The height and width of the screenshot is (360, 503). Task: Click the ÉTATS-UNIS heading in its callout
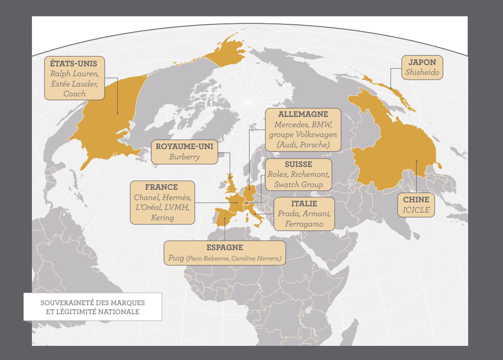73,63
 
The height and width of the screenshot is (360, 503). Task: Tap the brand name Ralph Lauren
74,74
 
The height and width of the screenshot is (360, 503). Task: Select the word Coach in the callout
74,94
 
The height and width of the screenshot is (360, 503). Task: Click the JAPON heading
422,62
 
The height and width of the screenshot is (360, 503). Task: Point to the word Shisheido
422,72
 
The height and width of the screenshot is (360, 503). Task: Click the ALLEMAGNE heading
303,114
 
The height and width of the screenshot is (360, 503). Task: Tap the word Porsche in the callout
315,145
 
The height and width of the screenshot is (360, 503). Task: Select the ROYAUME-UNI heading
184,147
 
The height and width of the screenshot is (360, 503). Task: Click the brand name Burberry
184,157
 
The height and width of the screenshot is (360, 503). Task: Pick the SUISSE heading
298,164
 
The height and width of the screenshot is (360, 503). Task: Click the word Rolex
278,174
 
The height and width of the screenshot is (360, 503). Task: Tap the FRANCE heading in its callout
162,187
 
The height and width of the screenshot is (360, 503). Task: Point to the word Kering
162,218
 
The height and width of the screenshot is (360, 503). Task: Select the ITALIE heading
304,204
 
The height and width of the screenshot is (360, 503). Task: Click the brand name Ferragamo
304,224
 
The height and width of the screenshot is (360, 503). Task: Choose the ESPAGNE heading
225,248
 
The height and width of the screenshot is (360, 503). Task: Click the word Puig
176,258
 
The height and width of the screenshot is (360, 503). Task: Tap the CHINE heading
416,200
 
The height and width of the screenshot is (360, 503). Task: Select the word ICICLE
416,210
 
